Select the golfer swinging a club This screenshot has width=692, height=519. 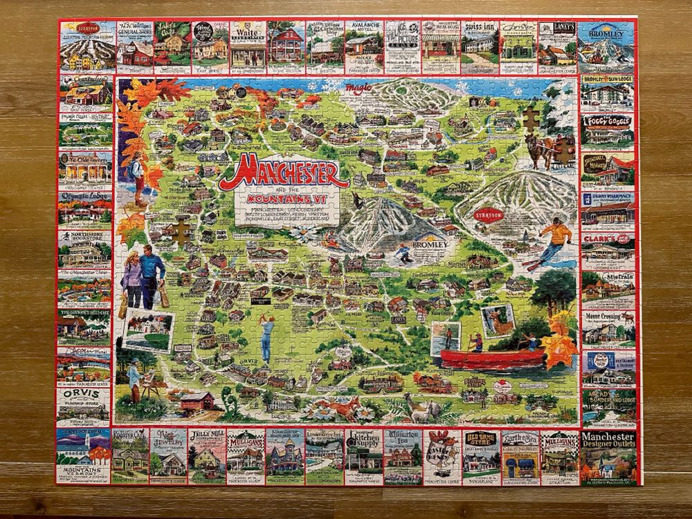point(266,339)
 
